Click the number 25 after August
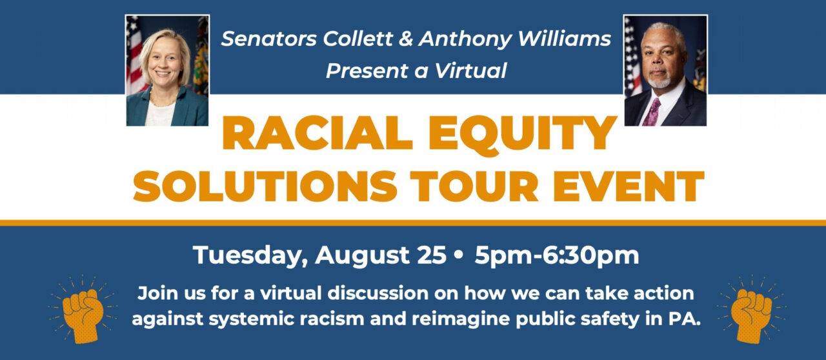[429, 255]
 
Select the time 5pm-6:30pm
[556, 256]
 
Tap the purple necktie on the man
[652, 110]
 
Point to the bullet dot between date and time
[458, 256]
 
